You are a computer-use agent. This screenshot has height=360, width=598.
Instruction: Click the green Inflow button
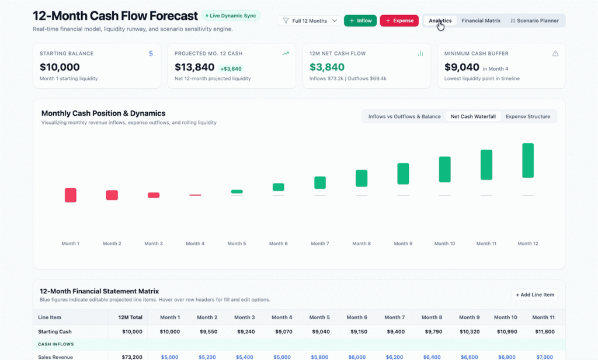pyautogui.click(x=360, y=20)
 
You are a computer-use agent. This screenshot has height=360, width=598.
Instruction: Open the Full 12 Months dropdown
pyautogui.click(x=309, y=20)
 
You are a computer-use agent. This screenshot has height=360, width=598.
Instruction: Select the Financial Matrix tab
pyautogui.click(x=481, y=20)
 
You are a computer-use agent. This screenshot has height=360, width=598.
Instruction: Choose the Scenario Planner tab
pyautogui.click(x=534, y=20)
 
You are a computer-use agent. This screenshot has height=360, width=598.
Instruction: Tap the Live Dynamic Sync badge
pyautogui.click(x=231, y=16)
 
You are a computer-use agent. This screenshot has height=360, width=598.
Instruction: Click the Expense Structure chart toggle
pyautogui.click(x=528, y=116)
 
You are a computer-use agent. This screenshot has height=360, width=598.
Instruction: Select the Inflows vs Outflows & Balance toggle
pyautogui.click(x=404, y=116)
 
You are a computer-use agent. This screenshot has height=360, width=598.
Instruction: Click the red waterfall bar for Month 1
pyautogui.click(x=71, y=195)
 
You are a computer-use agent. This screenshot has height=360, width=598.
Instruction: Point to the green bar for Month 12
pyautogui.click(x=528, y=160)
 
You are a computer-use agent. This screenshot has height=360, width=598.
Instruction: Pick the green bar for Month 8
pyautogui.click(x=361, y=178)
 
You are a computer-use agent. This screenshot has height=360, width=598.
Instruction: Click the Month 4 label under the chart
pyautogui.click(x=195, y=244)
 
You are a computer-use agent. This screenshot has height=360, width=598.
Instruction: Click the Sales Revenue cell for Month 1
pyautogui.click(x=170, y=357)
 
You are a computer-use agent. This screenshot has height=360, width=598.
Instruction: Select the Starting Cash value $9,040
pyautogui.click(x=321, y=332)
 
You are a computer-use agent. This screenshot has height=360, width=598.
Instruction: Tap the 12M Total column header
pyautogui.click(x=130, y=317)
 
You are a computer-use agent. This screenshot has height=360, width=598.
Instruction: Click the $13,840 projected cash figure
pyautogui.click(x=194, y=67)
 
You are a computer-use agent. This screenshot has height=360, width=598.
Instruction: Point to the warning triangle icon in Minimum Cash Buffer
pyautogui.click(x=555, y=53)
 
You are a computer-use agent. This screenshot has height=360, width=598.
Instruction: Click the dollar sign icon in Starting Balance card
pyautogui.click(x=151, y=53)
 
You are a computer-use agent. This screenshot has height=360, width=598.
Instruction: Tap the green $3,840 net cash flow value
pyautogui.click(x=327, y=67)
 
